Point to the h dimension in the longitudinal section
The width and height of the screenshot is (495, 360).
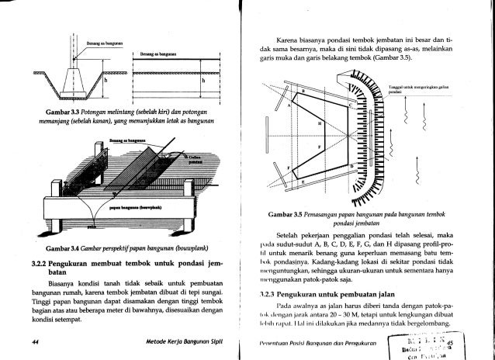coord(202,80)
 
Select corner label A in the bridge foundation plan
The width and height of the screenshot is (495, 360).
coord(293,102)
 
